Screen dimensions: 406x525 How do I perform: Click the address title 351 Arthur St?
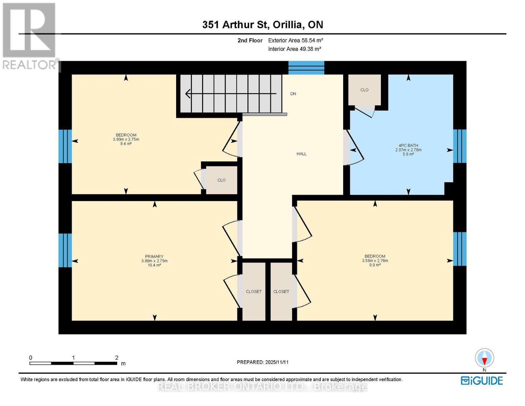[262, 25]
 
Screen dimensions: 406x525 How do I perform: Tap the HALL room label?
[301, 154]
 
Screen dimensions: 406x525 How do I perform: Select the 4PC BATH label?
[408, 145]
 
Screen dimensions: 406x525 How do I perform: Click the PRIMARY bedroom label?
[154, 256]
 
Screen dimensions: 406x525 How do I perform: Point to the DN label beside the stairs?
[293, 94]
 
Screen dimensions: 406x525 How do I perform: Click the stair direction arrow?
[231, 93]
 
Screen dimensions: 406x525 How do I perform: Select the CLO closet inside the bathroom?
[364, 90]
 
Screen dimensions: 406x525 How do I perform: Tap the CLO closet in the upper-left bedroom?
[221, 180]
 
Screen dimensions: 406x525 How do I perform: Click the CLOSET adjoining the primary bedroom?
[254, 292]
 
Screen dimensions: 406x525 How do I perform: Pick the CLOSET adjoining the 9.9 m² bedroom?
[281, 292]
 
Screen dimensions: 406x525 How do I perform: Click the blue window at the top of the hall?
[306, 68]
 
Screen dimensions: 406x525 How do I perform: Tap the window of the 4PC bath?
[459, 146]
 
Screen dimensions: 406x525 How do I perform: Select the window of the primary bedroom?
[65, 250]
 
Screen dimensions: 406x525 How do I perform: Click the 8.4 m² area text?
[126, 144]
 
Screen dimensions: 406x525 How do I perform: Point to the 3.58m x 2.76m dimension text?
[375, 261]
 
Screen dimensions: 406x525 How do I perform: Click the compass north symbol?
[484, 358]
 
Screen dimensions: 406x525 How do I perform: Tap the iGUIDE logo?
[482, 381]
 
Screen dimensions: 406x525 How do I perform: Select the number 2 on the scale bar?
[117, 358]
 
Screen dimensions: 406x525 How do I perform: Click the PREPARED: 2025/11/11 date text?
[262, 362]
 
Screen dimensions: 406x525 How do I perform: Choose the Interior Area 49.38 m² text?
[294, 49]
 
